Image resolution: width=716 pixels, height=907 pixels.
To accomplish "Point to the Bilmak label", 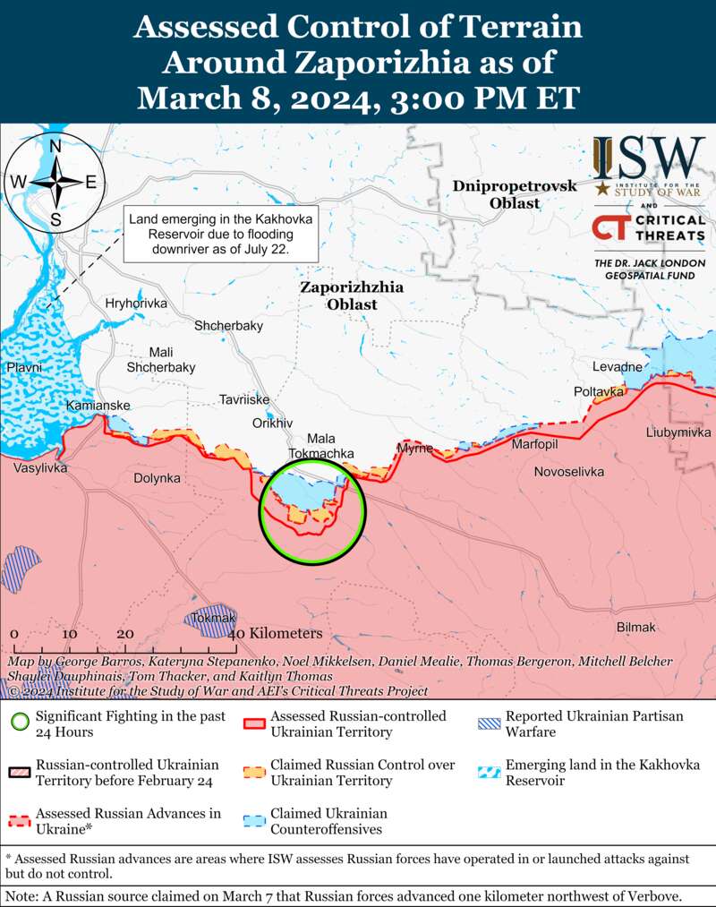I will [x=636, y=627].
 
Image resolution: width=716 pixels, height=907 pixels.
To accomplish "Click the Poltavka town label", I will [x=599, y=391].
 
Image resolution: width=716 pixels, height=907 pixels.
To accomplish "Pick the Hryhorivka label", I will [x=136, y=304].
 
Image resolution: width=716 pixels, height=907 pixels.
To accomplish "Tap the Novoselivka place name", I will [x=568, y=471].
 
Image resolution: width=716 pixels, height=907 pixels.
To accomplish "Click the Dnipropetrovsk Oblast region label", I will [x=515, y=194].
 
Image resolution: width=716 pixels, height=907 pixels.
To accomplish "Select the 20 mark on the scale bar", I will [x=125, y=633].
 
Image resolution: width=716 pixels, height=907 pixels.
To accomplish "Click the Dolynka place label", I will [x=157, y=478].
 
